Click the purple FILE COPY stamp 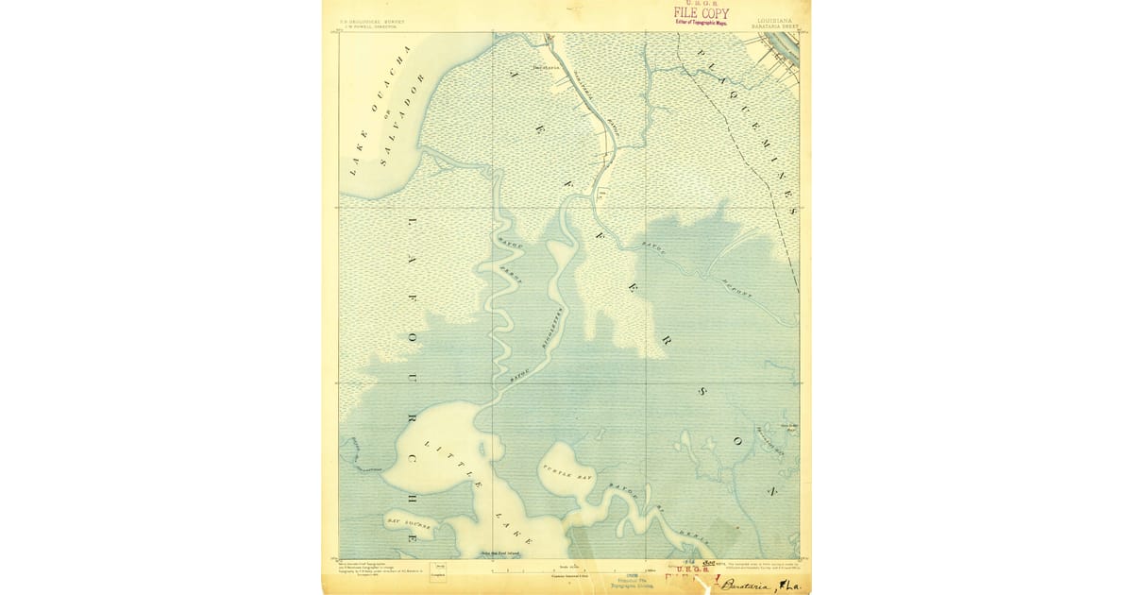[701, 13]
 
